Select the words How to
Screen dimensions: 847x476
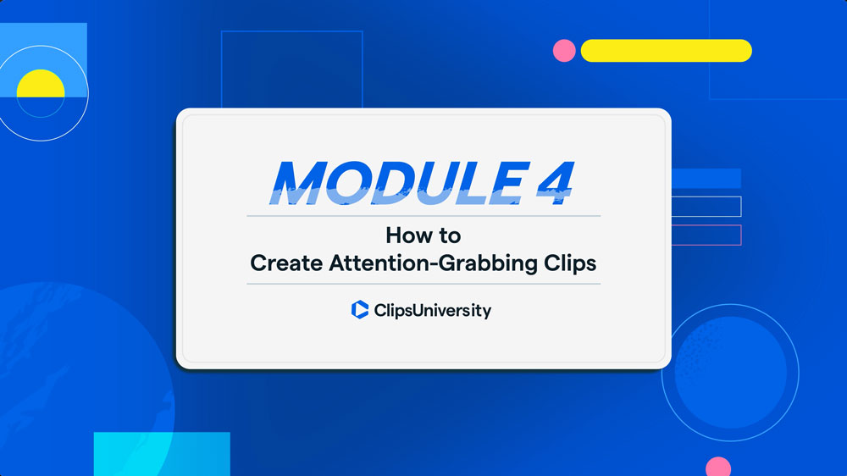click(x=423, y=235)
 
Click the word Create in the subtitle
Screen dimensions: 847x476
click(x=286, y=263)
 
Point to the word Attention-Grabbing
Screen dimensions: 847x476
click(x=433, y=263)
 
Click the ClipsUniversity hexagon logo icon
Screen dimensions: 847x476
click(x=360, y=310)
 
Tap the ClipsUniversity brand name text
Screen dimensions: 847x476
click(x=432, y=311)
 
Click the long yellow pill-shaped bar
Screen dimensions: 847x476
click(x=666, y=51)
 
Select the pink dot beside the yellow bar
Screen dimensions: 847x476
click(x=564, y=51)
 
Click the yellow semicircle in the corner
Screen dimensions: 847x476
click(x=41, y=84)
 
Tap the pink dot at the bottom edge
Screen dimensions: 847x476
click(x=718, y=467)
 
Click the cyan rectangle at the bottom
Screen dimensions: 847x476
click(x=162, y=454)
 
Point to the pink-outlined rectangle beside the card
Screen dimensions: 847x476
click(x=706, y=235)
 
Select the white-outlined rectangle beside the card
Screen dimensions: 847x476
click(x=706, y=207)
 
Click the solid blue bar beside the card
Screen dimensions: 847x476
click(x=706, y=179)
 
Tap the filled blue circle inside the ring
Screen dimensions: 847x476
click(x=730, y=373)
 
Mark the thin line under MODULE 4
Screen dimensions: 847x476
click(x=423, y=216)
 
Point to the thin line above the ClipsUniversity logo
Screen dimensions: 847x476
click(x=423, y=284)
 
